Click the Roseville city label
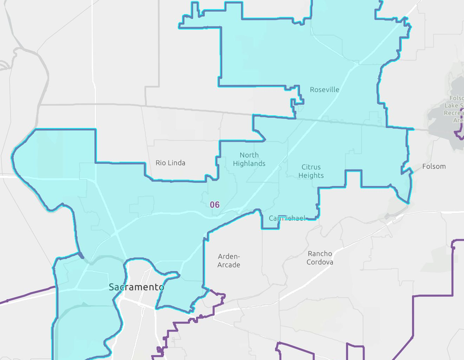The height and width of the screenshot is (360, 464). [325, 90]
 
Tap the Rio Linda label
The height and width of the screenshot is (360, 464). [170, 163]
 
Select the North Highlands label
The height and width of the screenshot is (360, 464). [249, 159]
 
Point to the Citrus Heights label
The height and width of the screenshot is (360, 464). [311, 171]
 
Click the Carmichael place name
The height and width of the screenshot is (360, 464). [287, 218]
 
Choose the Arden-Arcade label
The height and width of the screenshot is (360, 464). [229, 261]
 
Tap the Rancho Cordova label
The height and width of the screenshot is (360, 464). [320, 258]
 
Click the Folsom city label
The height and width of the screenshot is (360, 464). [434, 166]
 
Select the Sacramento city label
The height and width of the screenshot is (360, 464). [136, 287]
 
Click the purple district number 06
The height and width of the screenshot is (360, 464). [215, 205]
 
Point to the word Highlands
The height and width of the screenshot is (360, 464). [249, 163]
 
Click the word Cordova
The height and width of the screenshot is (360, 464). [320, 262]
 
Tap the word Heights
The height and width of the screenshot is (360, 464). [311, 175]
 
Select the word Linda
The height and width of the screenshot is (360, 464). [176, 163]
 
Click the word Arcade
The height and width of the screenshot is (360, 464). [229, 265]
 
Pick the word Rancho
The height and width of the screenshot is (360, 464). [320, 253]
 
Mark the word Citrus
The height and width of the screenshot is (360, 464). [311, 167]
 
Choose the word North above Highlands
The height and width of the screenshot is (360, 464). [249, 155]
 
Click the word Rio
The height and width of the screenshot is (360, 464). [161, 163]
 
